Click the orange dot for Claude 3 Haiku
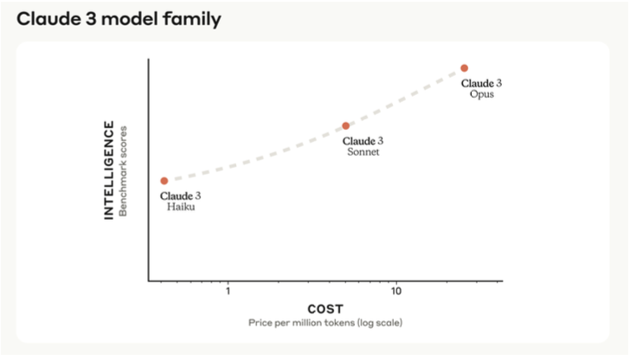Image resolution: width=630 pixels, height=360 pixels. coord(164,181)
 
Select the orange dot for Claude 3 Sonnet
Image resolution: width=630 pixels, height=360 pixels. coord(345,126)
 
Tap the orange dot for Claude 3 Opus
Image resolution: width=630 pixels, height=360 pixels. coord(464,67)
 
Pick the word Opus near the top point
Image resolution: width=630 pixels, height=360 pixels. coord(482,93)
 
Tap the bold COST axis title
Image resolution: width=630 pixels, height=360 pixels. coord(325,309)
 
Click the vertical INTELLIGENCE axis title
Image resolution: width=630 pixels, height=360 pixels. coord(109,170)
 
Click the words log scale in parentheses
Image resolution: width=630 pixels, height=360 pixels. coord(378,323)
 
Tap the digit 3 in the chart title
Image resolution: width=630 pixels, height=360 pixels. coord(88,18)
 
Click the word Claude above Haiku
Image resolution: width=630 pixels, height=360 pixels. coord(176,196)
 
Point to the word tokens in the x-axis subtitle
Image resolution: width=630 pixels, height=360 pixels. coord(334,323)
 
